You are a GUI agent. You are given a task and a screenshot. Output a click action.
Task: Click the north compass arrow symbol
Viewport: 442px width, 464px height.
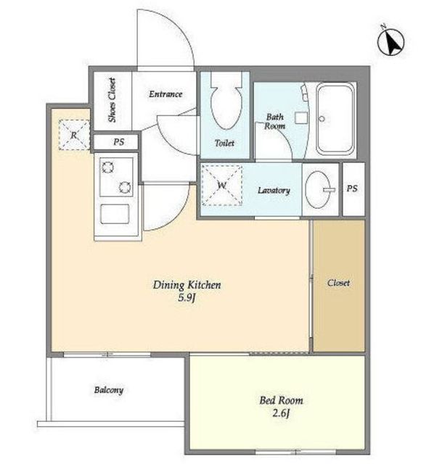[391, 42]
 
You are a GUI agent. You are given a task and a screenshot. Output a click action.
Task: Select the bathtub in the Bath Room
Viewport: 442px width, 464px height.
[335, 118]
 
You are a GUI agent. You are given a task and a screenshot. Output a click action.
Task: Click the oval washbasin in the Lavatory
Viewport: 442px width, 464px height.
[319, 190]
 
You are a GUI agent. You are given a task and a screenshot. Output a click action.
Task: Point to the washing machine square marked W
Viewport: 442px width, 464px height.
[222, 186]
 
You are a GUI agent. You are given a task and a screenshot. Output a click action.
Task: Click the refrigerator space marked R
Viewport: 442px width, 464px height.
[74, 135]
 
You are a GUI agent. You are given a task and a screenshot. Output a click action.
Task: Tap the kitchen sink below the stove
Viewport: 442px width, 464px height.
[115, 215]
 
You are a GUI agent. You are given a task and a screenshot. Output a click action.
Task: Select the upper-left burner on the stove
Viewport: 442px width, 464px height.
[107, 167]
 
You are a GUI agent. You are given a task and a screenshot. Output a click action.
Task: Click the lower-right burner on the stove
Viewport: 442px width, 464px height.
[125, 187]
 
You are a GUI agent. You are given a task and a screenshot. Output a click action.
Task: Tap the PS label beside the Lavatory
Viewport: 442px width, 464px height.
[352, 188]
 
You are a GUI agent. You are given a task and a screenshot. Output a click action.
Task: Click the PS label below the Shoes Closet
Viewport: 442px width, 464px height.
[118, 142]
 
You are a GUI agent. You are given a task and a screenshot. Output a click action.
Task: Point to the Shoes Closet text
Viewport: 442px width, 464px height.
[112, 100]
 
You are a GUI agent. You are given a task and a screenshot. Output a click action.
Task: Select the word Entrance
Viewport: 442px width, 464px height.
[165, 94]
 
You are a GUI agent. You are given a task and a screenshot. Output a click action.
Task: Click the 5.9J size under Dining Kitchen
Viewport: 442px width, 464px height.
[187, 298]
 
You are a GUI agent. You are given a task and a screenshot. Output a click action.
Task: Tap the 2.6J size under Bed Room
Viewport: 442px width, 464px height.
[281, 413]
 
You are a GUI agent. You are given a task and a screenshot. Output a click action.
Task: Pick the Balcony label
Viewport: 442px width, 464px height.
[109, 390]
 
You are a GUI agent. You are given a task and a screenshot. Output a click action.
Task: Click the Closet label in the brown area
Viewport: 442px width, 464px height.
[338, 283]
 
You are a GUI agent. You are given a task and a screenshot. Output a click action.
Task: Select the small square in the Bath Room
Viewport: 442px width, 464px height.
[301, 118]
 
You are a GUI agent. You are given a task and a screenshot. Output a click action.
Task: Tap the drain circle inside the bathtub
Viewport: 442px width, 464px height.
[322, 119]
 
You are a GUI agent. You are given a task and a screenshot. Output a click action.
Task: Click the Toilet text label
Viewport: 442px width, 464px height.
[224, 144]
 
